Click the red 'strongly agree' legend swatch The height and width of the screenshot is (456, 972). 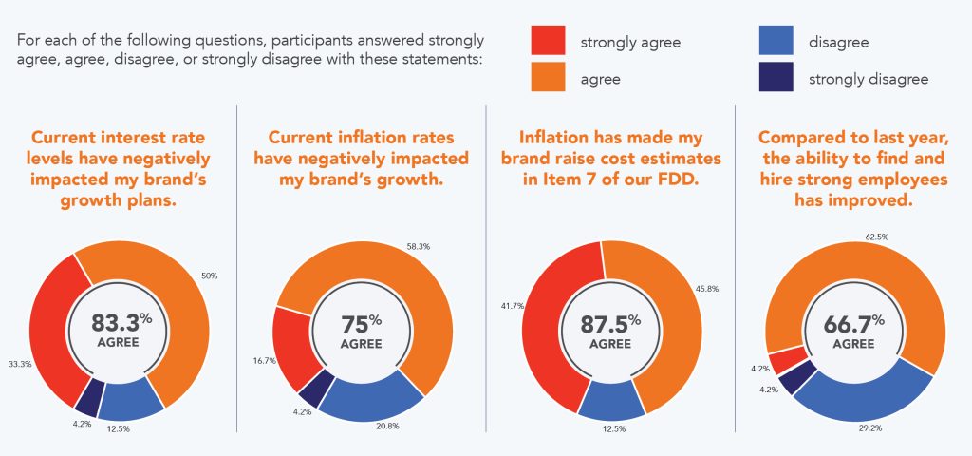(x=548, y=42)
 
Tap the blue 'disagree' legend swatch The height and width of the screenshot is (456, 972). (x=776, y=42)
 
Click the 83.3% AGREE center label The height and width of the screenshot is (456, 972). (x=120, y=331)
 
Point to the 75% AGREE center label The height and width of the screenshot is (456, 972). (x=361, y=331)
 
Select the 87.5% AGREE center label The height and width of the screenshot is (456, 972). (x=607, y=331)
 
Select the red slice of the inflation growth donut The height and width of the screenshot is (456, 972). (x=289, y=348)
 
